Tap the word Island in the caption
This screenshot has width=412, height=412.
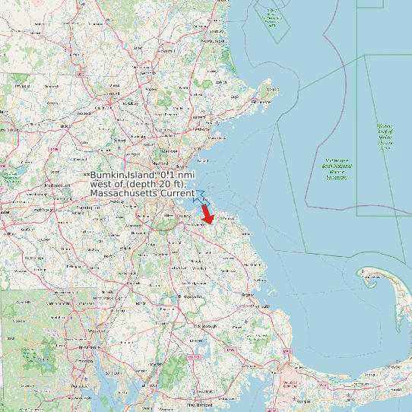tap(141, 175)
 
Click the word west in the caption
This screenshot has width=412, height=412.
tap(100, 185)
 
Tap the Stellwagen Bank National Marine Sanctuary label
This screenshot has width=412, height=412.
tap(337, 169)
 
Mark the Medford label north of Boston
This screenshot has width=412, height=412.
tap(160, 163)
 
